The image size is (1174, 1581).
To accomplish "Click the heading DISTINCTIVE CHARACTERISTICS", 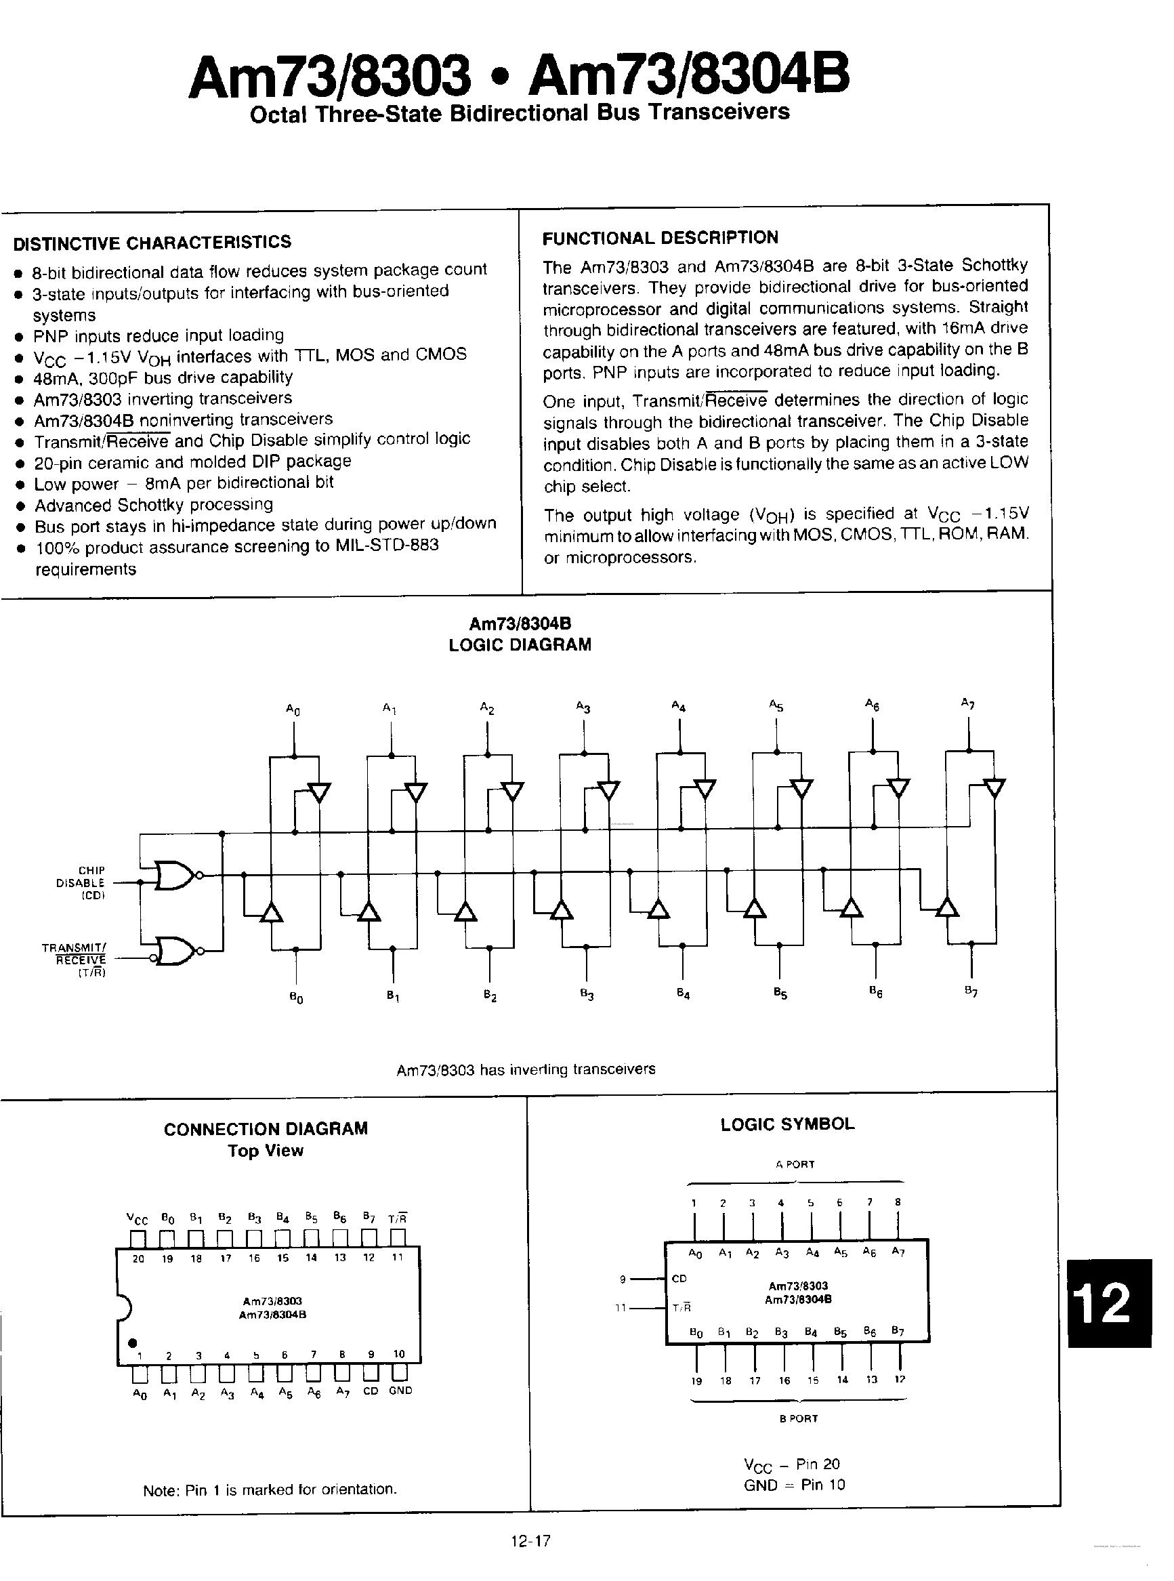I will click(x=152, y=243).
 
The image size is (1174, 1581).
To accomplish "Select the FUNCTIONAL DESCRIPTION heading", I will click(x=660, y=237).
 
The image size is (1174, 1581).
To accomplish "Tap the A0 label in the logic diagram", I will click(x=293, y=710).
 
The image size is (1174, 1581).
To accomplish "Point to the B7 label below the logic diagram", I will click(x=971, y=991).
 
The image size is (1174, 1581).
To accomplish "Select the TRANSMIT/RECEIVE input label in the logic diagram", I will click(x=74, y=959).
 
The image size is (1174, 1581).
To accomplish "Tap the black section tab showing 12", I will click(x=1108, y=1303).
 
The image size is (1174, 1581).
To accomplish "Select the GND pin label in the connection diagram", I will click(x=401, y=1391).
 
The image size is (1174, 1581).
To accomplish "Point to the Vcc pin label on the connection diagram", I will click(x=137, y=1218).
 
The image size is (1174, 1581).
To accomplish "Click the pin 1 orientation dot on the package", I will click(x=133, y=1342).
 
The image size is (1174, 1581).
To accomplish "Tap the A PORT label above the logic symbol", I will click(x=795, y=1164).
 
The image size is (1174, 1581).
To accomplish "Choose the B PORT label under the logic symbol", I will click(x=798, y=1418).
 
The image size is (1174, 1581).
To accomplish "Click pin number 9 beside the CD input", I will click(x=623, y=1279).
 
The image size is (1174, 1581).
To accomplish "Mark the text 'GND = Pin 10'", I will click(x=794, y=1484).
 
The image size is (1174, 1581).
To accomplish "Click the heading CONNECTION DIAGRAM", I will click(x=266, y=1129).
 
